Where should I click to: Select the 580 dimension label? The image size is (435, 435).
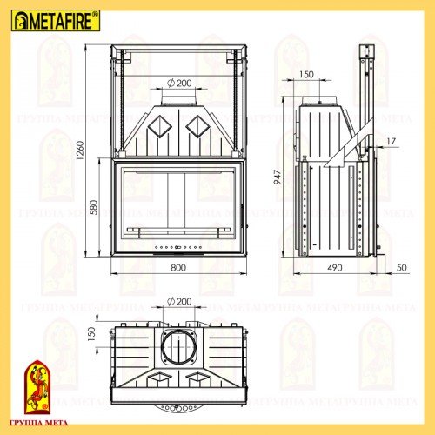(x=94, y=209)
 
